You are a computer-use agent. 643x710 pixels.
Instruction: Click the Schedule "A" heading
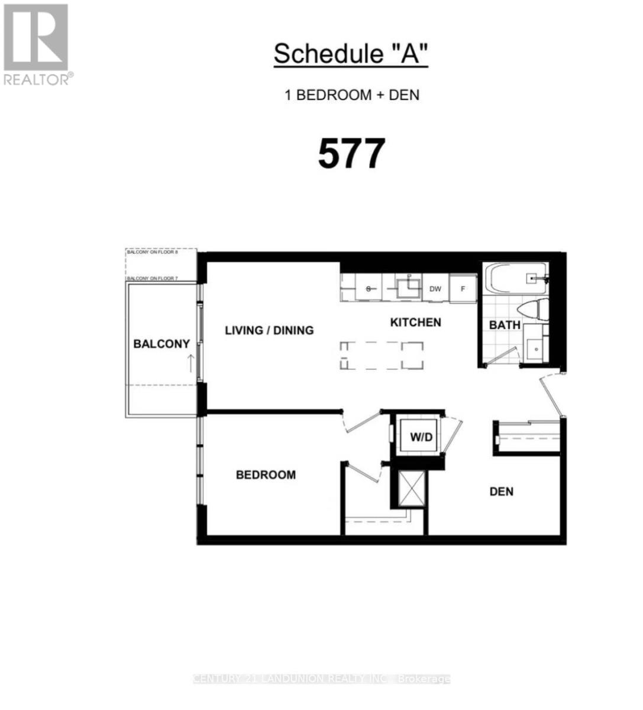click(351, 54)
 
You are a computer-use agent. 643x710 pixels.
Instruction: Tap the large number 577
click(351, 154)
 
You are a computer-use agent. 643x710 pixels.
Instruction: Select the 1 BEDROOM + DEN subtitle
click(352, 95)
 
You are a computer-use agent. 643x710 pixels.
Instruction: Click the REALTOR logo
click(36, 44)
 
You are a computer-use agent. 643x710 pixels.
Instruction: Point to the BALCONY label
click(161, 344)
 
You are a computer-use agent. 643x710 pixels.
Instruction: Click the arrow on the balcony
click(190, 363)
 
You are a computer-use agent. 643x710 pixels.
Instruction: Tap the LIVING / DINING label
click(269, 330)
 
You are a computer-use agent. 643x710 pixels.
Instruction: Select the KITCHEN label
click(415, 322)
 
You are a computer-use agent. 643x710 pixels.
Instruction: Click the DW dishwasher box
click(435, 289)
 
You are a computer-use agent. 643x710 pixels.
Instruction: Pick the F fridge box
click(463, 289)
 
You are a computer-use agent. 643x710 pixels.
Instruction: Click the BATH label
click(505, 325)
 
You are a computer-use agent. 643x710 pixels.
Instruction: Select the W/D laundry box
click(422, 438)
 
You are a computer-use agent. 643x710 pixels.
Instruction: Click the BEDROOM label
click(266, 475)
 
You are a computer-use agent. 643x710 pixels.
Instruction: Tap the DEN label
click(501, 491)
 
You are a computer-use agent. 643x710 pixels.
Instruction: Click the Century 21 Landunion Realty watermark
click(322, 679)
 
